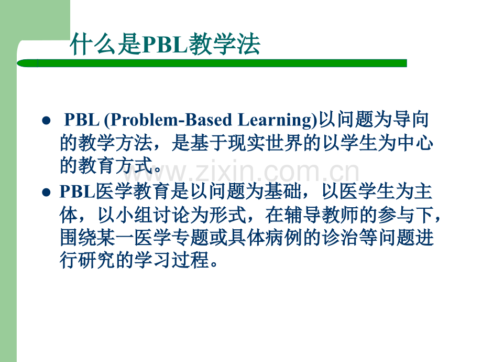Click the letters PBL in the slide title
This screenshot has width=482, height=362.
[x=165, y=45]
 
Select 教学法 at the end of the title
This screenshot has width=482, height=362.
[x=224, y=45]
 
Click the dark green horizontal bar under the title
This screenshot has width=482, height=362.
[x=212, y=63]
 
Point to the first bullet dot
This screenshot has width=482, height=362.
[x=46, y=120]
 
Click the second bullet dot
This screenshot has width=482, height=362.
[x=46, y=193]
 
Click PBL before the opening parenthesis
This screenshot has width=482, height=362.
[x=82, y=120]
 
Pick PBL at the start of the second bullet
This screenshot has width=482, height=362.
[x=78, y=191]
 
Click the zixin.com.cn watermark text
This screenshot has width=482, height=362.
[x=242, y=171]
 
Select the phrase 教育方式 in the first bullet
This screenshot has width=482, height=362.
[x=116, y=165]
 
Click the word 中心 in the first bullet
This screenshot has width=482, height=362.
[x=415, y=143]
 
